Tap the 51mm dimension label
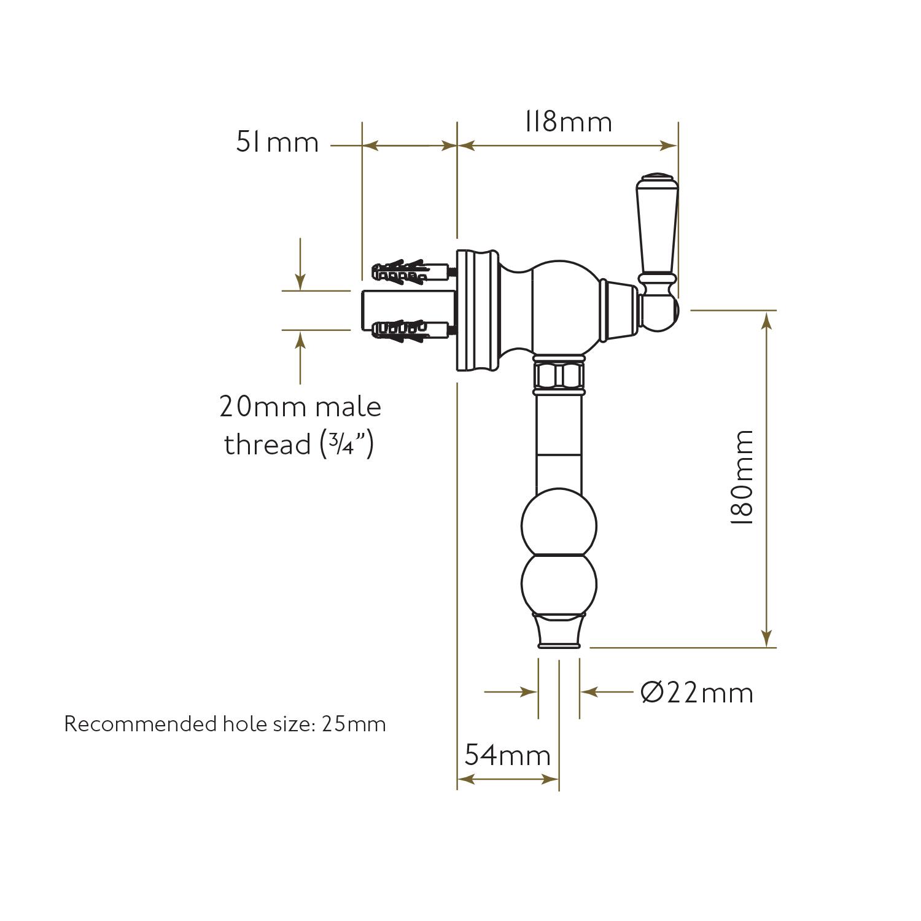tap(278, 142)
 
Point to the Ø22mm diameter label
tap(697, 693)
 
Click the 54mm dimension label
tap(507, 755)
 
